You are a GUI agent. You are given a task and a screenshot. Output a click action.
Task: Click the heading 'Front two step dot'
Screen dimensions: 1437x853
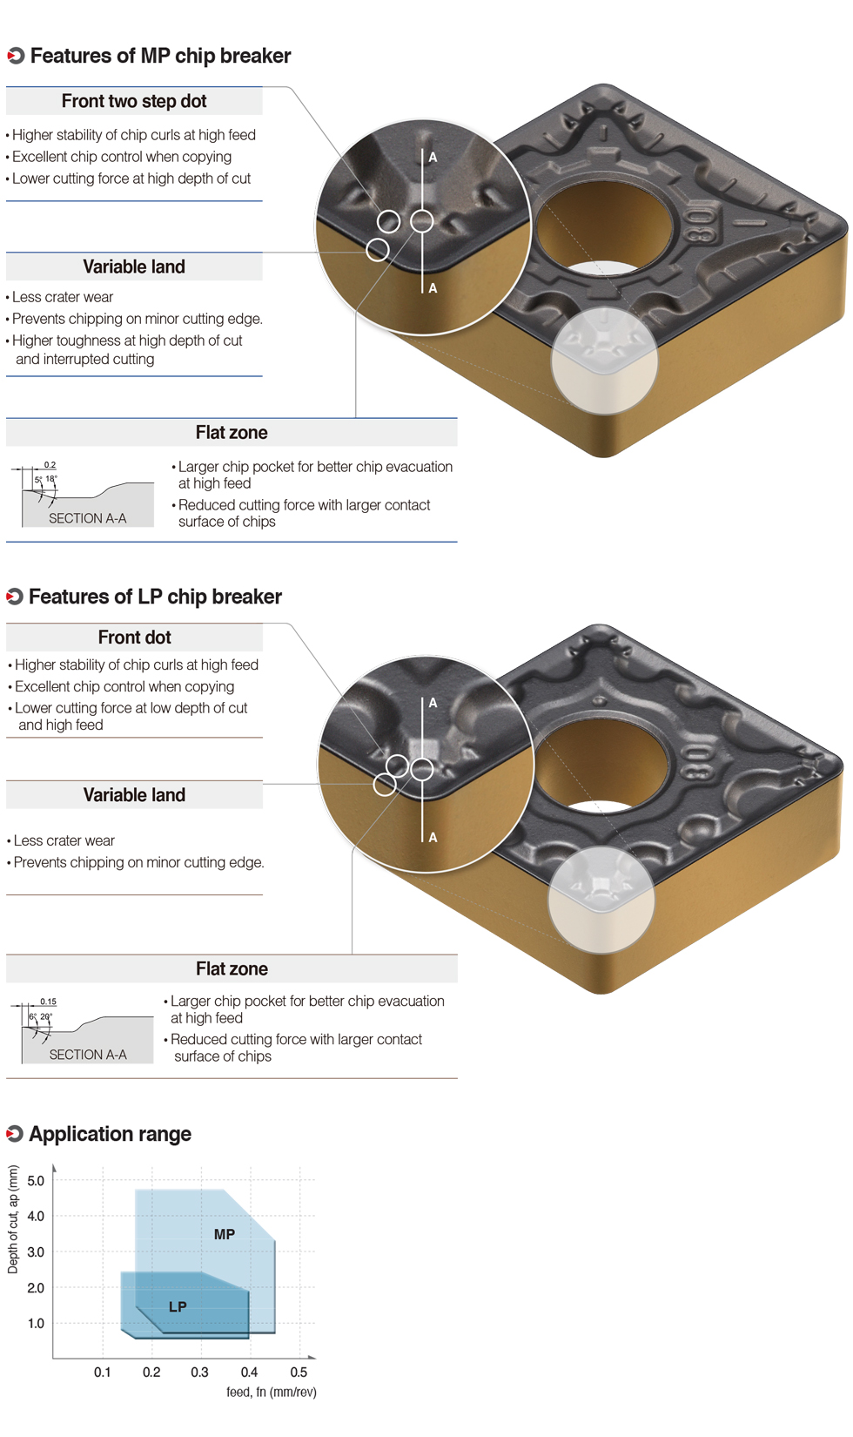tap(134, 101)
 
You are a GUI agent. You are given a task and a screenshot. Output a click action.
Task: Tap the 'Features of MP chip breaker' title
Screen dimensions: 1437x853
tap(160, 56)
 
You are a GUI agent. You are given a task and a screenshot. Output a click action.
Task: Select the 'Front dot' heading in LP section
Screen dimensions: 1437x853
tap(134, 638)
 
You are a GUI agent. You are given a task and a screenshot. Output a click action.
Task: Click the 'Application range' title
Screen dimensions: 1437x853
tap(110, 1134)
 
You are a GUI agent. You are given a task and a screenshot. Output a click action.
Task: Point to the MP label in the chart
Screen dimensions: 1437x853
tap(225, 1234)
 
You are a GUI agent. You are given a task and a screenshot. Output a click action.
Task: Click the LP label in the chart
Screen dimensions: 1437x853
tap(178, 1306)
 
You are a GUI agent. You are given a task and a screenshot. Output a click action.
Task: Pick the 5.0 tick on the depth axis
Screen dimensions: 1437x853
tap(36, 1181)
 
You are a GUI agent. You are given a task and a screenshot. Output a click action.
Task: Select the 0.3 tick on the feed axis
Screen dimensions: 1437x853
tap(200, 1372)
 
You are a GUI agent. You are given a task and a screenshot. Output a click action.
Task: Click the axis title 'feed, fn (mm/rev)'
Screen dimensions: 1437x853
tap(272, 1393)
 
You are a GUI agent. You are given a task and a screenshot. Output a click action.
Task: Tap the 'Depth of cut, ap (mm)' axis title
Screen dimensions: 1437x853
tap(13, 1219)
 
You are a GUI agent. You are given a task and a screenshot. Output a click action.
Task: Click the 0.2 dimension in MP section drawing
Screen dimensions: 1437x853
tap(50, 465)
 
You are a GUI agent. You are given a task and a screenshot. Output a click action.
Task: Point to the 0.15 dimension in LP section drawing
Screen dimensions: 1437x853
tap(48, 1002)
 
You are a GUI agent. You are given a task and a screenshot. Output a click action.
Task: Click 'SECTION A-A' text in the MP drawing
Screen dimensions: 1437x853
tap(87, 518)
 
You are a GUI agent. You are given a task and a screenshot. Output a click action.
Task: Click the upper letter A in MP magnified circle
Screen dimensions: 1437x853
tap(433, 158)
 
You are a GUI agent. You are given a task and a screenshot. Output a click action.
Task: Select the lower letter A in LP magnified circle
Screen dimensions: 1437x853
tap(433, 837)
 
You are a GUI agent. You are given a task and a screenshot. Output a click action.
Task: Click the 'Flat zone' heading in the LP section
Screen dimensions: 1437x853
tap(232, 968)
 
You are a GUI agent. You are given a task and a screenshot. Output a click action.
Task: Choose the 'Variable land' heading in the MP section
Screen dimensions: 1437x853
tap(134, 266)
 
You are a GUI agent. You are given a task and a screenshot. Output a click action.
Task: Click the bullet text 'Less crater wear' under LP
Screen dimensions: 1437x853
tap(64, 840)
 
